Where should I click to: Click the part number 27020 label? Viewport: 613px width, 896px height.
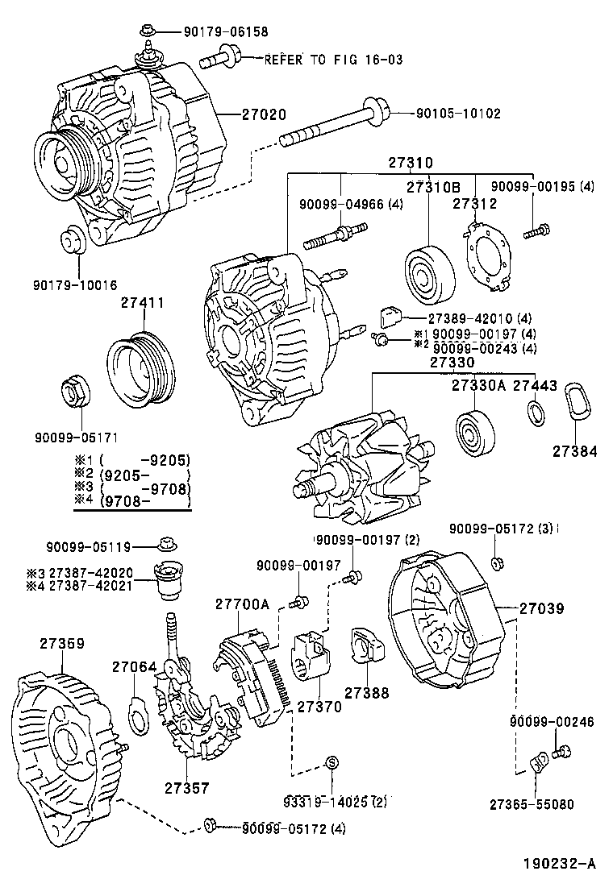point(264,114)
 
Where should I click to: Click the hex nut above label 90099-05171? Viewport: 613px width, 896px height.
point(78,392)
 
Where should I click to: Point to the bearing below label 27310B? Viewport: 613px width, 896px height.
point(427,274)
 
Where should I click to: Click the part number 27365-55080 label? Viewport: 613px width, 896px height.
point(532,803)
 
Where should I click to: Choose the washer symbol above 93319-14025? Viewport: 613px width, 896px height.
point(332,762)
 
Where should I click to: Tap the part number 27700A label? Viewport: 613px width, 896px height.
point(242,604)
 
